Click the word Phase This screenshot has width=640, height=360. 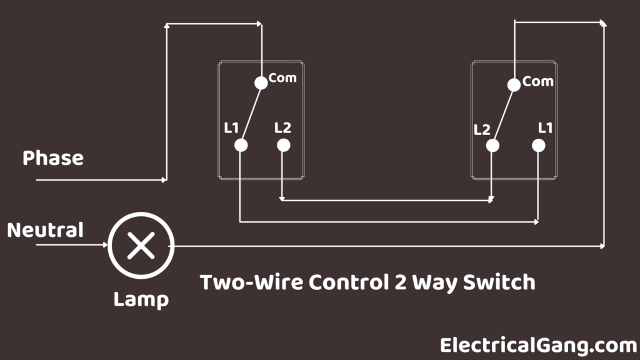tap(53, 158)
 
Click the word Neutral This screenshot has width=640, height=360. tap(45, 230)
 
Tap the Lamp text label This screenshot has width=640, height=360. tap(141, 300)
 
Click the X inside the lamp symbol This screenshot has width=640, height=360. tap(141, 246)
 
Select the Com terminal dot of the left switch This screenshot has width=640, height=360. tap(261, 83)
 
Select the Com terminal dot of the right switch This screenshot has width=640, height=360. tap(514, 85)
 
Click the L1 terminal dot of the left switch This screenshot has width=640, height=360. tap(241, 145)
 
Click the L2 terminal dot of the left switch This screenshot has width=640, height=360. tap(284, 145)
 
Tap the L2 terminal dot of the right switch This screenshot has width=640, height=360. tap(492, 146)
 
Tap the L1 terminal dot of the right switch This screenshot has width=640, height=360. tap(538, 146)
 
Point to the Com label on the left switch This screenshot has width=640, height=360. tap(282, 78)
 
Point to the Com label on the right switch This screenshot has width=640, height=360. tap(538, 82)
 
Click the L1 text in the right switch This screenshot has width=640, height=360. tap(545, 128)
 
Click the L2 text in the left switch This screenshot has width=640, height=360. tap(282, 127)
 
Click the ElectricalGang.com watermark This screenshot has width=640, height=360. tap(539, 346)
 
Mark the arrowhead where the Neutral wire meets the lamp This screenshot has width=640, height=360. tap(105, 245)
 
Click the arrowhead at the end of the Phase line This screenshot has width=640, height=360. tap(164, 179)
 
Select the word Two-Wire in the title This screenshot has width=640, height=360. tap(251, 282)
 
